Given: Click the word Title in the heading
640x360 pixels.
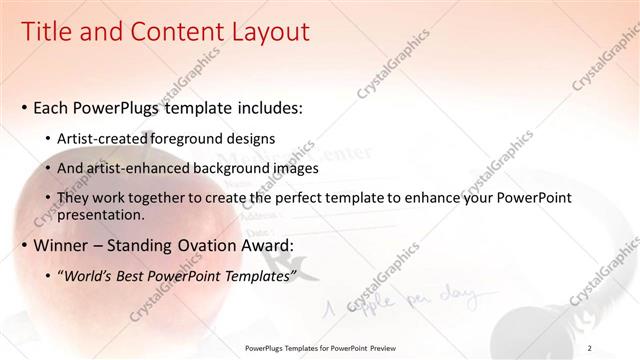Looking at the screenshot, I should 46,33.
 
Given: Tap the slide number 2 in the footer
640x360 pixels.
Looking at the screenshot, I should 590,348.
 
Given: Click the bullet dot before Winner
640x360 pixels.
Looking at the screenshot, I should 24,246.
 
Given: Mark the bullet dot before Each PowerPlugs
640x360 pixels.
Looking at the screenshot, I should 24,107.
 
